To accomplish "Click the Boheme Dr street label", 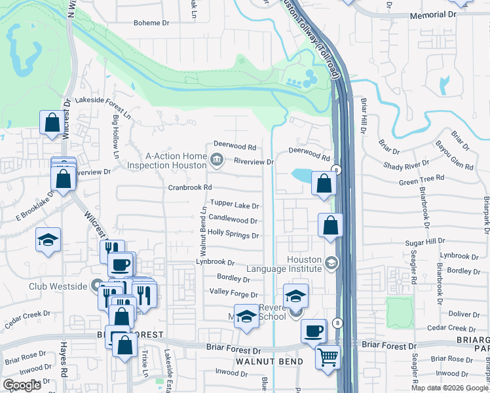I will click(x=151, y=23).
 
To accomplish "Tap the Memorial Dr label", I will click(x=432, y=14).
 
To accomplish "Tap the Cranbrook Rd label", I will click(x=190, y=187).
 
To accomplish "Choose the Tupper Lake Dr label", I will click(x=234, y=206).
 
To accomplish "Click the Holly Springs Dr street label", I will click(x=233, y=234).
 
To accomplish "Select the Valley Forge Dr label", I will click(x=233, y=295).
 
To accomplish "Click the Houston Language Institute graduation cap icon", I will click(x=331, y=263).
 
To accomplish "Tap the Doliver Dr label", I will click(x=464, y=314).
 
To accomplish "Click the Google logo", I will click(x=22, y=385).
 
